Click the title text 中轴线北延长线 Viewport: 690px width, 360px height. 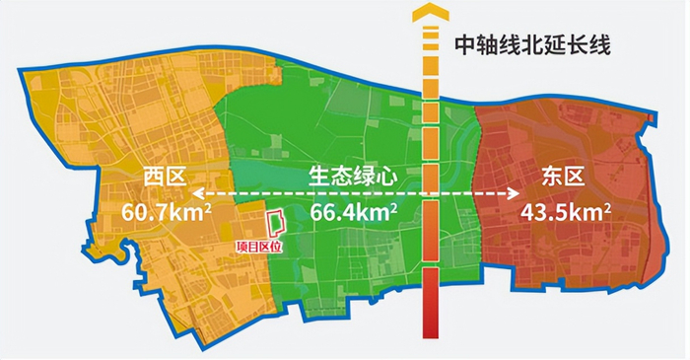click(531, 43)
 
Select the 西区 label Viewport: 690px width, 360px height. click(163, 178)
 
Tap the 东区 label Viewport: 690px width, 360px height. click(564, 178)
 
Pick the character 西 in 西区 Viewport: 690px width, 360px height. click(151, 178)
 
